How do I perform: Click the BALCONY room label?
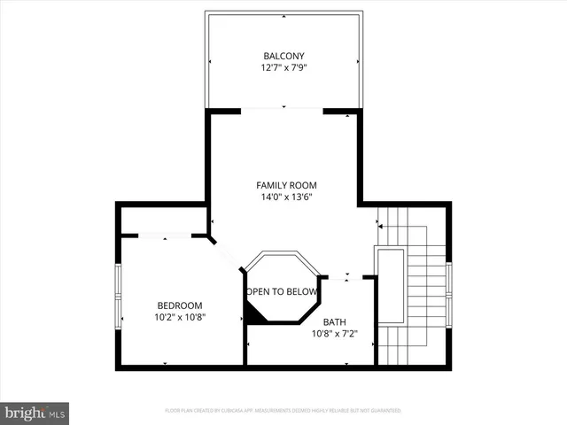tap(283, 56)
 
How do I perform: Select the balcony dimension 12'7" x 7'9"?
tap(283, 67)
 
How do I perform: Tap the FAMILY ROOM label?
tap(286, 185)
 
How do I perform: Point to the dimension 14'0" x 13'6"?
tap(286, 197)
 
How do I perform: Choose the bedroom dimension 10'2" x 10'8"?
tap(180, 316)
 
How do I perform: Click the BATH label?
tap(334, 321)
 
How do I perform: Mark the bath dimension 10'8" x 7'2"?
tap(334, 334)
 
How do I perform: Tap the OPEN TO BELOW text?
tap(282, 291)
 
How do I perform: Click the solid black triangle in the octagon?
tap(253, 311)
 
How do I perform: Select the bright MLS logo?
tap(35, 413)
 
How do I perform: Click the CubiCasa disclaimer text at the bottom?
tap(283, 411)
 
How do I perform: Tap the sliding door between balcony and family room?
tap(282, 110)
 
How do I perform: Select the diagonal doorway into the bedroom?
tap(227, 254)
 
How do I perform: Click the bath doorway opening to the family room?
tap(346, 277)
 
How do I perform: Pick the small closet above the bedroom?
tap(164, 220)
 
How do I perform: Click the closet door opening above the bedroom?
tap(165, 236)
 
